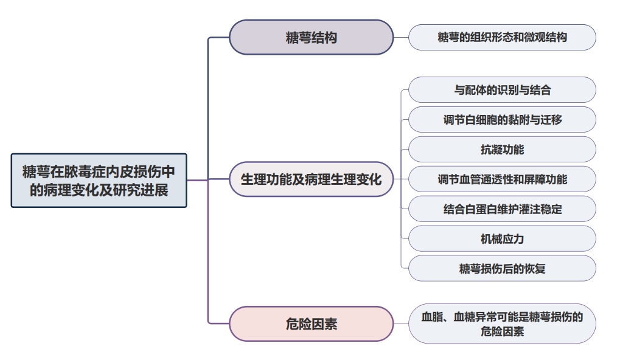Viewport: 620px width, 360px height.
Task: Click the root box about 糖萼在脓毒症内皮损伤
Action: point(99,181)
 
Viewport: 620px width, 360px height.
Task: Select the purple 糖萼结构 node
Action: point(311,37)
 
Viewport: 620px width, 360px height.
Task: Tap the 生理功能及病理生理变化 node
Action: point(311,179)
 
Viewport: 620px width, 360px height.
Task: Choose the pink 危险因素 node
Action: point(311,324)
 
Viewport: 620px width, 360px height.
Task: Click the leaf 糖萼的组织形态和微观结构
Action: point(502,37)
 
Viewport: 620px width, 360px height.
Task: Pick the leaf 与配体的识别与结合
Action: point(502,90)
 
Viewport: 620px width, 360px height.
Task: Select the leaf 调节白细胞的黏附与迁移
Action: point(502,120)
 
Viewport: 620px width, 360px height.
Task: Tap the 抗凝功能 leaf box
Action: point(502,149)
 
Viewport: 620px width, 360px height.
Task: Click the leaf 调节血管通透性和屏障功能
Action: point(502,179)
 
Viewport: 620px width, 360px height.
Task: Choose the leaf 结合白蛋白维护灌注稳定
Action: point(502,209)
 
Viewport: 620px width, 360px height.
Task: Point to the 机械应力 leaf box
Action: point(502,238)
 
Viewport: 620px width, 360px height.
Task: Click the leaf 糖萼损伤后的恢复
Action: point(502,268)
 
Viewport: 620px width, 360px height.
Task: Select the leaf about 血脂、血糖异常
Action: point(502,324)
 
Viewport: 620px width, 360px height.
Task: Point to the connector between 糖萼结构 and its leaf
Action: point(401,37)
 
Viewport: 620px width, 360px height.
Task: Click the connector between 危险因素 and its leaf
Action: point(401,324)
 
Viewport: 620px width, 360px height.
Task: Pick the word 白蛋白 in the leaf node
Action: point(480,209)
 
